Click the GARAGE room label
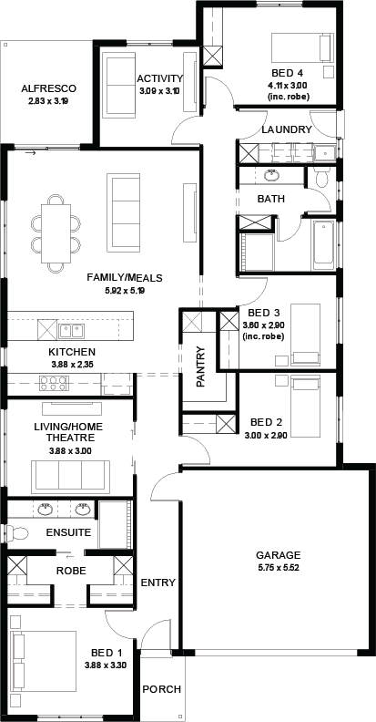coord(278,555)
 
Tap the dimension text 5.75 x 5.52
coord(279,567)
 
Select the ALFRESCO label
coord(49,88)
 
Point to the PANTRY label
coord(200,367)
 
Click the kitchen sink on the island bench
coord(71,331)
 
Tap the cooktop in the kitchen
coord(54,383)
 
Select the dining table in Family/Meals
coord(56,233)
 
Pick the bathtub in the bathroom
coord(323,245)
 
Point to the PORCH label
coord(161,689)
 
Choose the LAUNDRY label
coord(287,129)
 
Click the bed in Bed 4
coord(302,47)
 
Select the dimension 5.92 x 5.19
coord(125,291)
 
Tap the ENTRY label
coord(158,583)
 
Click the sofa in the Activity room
coord(118,85)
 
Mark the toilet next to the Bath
coord(320,177)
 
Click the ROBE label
coord(71,571)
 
